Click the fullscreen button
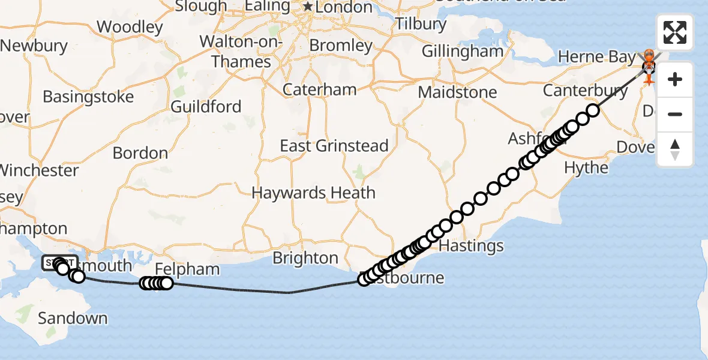(674, 32)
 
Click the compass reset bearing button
(674, 149)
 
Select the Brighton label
(305, 258)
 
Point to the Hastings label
(472, 246)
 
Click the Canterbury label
(585, 91)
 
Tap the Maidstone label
(457, 92)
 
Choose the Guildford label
(206, 107)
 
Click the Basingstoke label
(88, 97)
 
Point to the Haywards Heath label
(313, 193)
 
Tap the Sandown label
(73, 318)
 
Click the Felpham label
(187, 269)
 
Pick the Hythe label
(586, 167)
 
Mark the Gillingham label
(462, 52)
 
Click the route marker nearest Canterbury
(593, 110)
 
